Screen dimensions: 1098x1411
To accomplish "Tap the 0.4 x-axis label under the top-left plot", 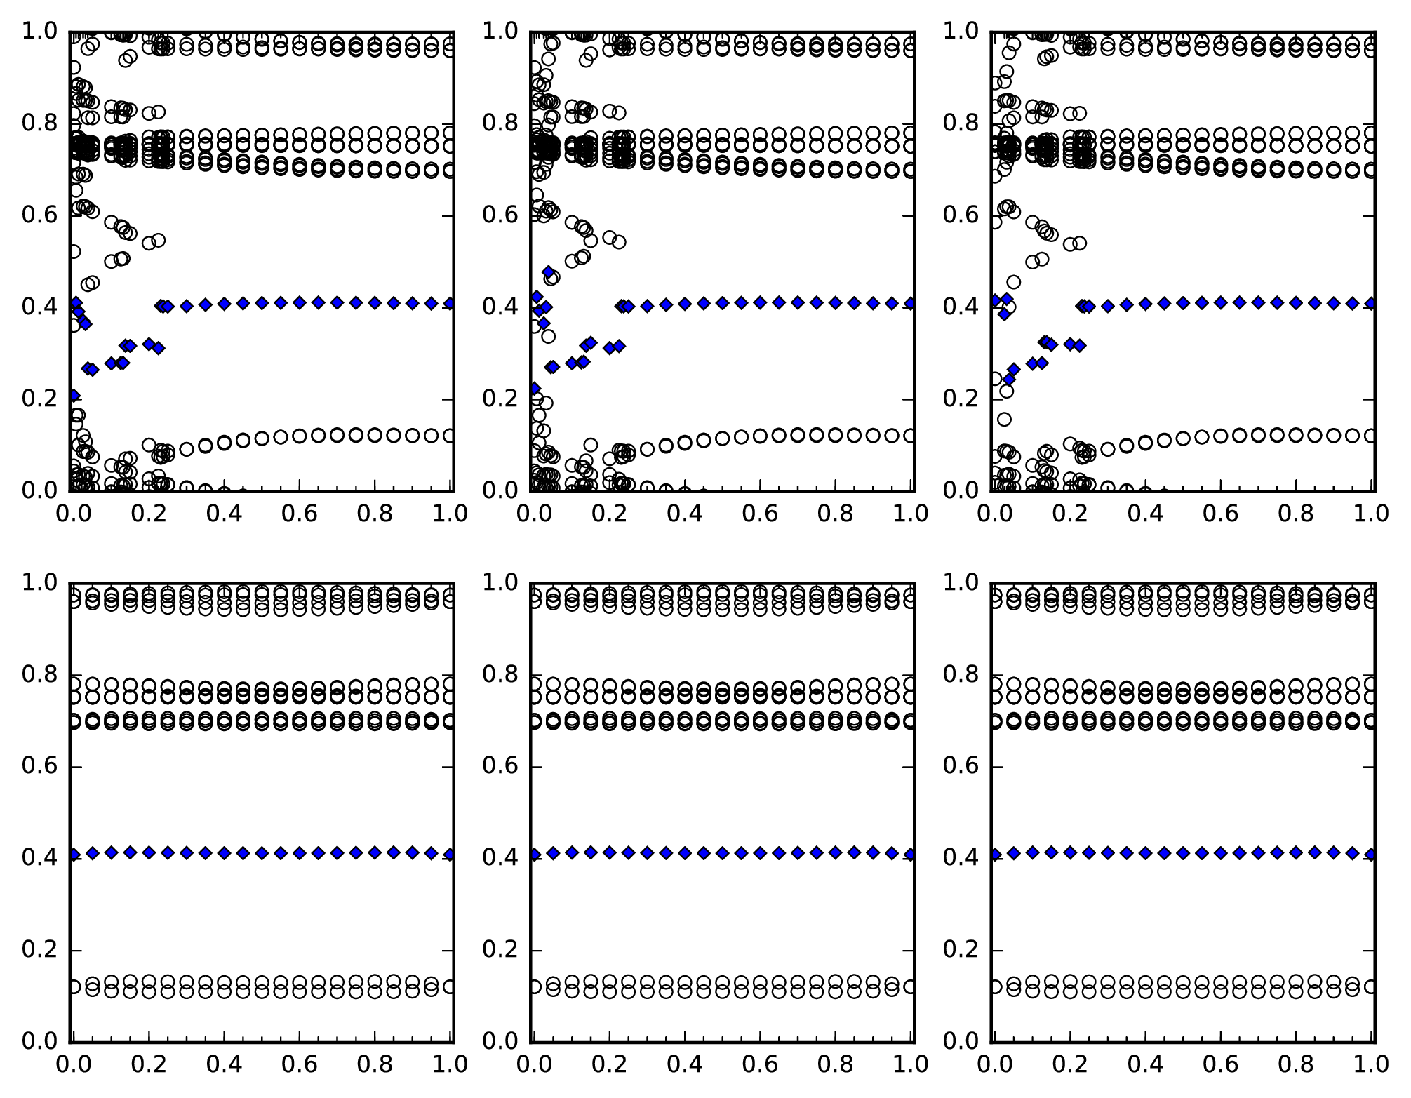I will tap(224, 514).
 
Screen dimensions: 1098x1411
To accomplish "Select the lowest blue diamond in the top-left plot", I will tap(74, 396).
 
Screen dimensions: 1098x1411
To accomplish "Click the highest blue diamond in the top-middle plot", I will tap(548, 272).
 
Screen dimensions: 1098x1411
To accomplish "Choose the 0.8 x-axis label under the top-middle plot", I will tap(835, 514).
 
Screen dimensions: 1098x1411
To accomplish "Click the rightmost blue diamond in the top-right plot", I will tap(1371, 303).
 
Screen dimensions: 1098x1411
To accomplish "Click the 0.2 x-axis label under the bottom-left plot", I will tap(149, 1064).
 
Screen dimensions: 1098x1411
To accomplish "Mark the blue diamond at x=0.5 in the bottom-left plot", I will tap(262, 853).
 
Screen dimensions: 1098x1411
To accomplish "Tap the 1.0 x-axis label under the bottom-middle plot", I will tap(910, 1064).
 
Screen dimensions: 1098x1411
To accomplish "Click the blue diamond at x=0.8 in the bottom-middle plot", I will tap(835, 852).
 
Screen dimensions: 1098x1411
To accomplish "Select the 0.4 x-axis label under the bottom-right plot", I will tap(1145, 1064).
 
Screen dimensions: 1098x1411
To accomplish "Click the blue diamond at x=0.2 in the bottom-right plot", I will tap(1070, 852).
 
